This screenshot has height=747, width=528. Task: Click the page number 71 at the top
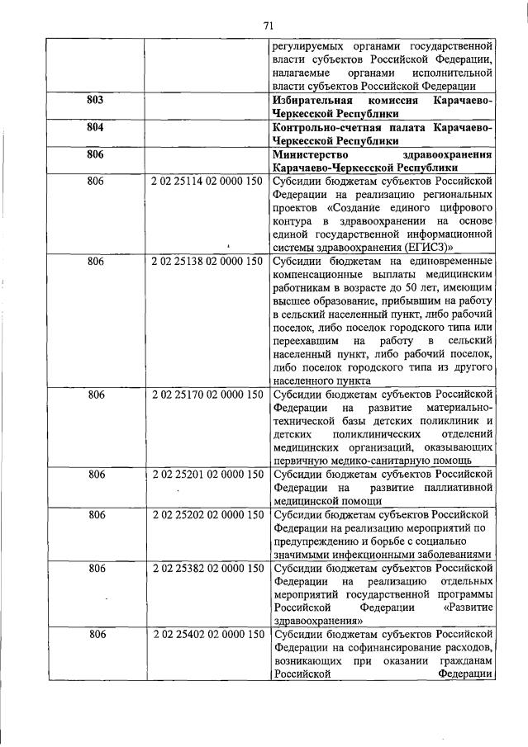268,25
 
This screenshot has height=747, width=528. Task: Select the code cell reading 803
97,100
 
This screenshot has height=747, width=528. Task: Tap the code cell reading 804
97,129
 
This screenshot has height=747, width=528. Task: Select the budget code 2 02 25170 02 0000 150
207,395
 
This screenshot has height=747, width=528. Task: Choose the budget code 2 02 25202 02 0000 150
207,515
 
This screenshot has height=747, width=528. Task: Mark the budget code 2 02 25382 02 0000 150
207,568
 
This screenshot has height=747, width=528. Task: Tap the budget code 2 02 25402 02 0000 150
207,634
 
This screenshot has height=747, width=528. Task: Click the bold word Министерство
312,155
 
